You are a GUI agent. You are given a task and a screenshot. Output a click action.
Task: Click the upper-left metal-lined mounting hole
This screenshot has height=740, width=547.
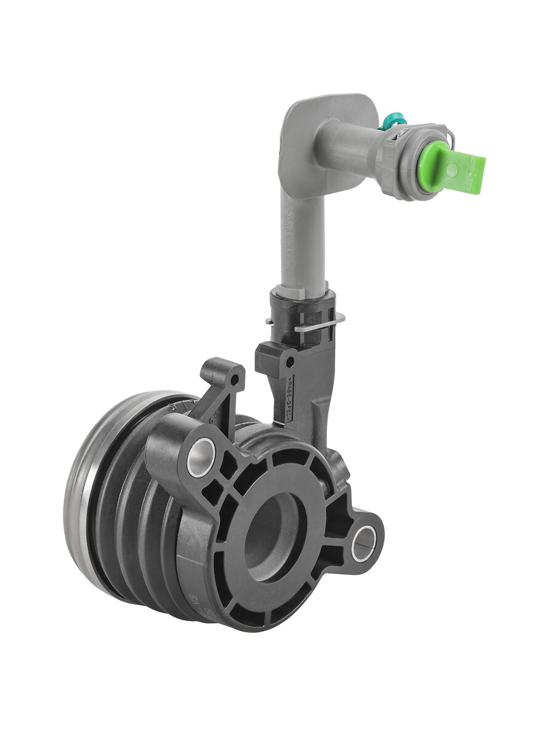pos(200,457)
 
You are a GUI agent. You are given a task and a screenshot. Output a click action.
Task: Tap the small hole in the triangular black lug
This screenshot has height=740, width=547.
pos(232,373)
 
